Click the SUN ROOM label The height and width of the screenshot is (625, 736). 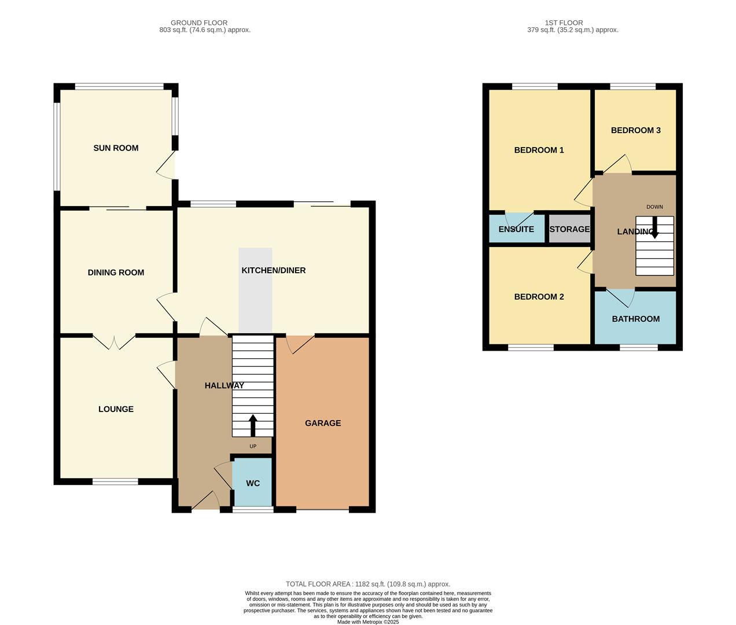(x=116, y=148)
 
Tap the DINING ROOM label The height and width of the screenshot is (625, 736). (x=116, y=273)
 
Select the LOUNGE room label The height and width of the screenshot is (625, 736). (x=116, y=409)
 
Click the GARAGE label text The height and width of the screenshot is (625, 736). (x=323, y=423)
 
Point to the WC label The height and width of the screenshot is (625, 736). (x=253, y=483)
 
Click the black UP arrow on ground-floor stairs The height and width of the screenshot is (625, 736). (x=253, y=425)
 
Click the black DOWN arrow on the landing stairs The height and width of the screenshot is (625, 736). (x=655, y=227)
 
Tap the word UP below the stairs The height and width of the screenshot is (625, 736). (x=253, y=446)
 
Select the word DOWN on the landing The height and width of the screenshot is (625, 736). (x=654, y=207)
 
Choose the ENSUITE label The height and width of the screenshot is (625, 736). (x=516, y=229)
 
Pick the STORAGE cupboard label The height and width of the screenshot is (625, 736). (x=569, y=229)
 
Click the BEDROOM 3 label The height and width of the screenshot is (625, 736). (x=635, y=130)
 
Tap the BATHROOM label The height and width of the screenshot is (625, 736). (x=635, y=319)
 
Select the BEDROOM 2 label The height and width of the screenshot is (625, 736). (x=539, y=297)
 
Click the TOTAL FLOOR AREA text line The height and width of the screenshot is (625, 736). (x=367, y=584)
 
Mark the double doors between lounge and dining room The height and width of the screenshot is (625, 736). (x=114, y=342)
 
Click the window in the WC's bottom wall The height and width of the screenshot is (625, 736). (x=253, y=510)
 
